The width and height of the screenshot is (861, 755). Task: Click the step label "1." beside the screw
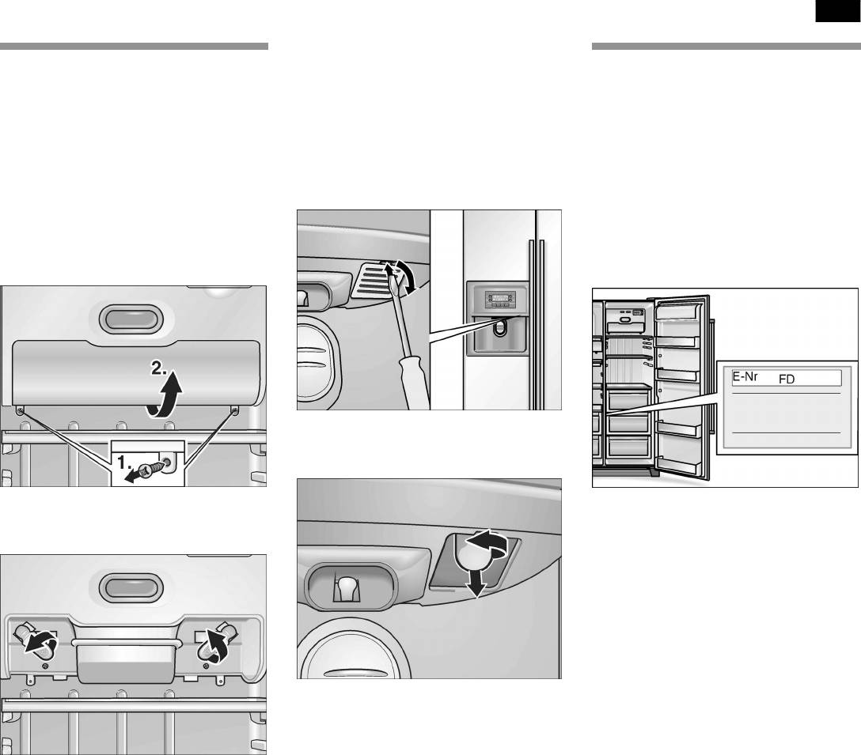point(125,463)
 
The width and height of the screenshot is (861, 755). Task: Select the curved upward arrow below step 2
point(166,396)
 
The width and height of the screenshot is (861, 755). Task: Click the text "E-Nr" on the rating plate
point(745,377)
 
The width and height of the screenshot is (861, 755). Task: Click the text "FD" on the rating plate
point(787,379)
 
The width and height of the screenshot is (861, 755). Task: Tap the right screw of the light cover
point(235,410)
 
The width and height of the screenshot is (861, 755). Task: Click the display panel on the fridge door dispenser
point(500,299)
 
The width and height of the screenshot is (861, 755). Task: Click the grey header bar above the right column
point(726,46)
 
